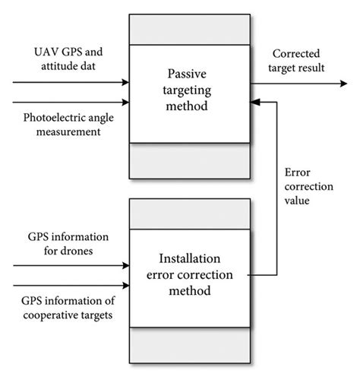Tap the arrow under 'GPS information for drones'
(x=73, y=266)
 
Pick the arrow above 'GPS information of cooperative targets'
(x=73, y=286)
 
